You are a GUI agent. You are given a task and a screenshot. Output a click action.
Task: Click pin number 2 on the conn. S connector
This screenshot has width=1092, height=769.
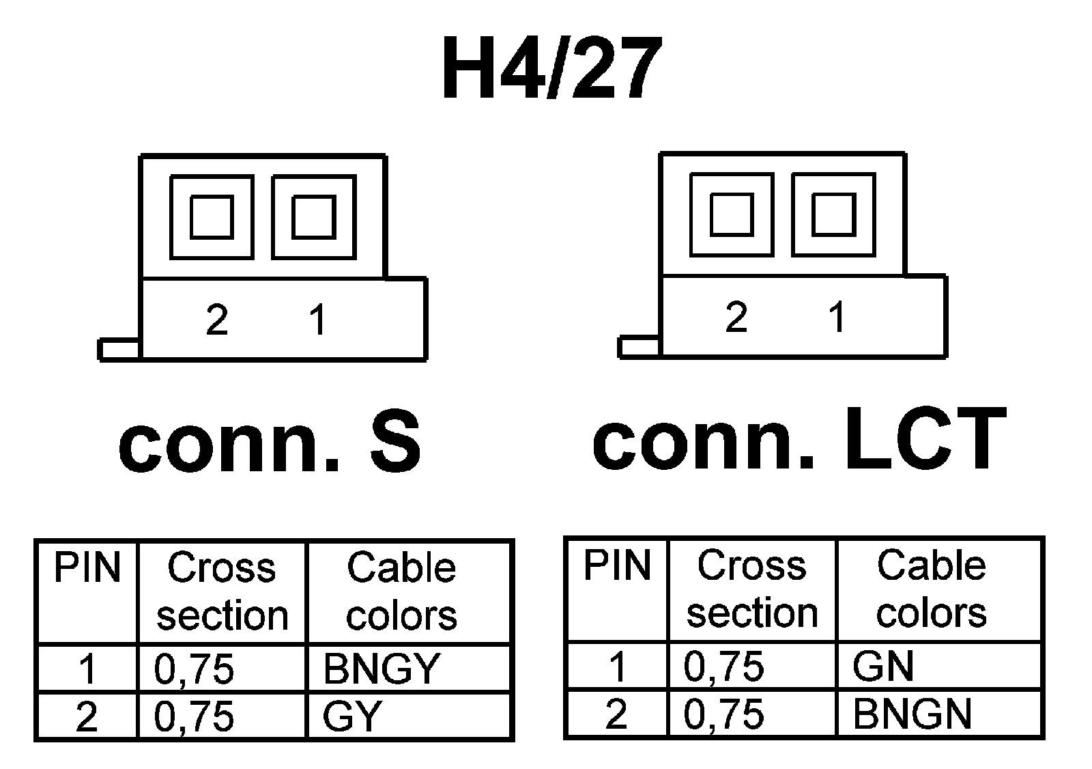click(x=217, y=320)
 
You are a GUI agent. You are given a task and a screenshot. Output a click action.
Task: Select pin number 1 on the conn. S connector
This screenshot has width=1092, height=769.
click(x=318, y=320)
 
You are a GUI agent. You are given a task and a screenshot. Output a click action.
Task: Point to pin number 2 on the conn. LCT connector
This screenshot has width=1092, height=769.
click(x=736, y=317)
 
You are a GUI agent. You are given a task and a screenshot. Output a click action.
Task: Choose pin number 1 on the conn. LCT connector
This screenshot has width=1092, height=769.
click(x=837, y=317)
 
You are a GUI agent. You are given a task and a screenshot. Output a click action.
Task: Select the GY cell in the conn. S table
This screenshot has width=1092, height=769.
click(x=352, y=716)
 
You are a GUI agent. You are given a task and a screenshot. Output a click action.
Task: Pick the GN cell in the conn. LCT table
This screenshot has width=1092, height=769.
click(x=882, y=666)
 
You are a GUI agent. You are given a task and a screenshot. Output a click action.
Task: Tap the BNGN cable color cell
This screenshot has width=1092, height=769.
click(x=912, y=714)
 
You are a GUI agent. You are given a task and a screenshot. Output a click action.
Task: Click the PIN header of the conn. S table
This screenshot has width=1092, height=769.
click(x=87, y=568)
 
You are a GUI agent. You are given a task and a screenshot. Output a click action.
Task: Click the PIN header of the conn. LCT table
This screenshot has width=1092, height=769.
click(x=617, y=565)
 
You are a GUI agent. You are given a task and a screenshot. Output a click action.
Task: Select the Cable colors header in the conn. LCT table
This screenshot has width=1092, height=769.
click(x=932, y=589)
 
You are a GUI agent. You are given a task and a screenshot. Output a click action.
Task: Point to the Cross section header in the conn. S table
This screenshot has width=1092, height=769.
click(x=222, y=591)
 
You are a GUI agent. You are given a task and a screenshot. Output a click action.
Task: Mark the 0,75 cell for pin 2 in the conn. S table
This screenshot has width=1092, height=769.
click(x=195, y=716)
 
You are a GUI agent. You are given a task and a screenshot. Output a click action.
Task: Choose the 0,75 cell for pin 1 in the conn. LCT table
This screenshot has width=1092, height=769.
click(x=724, y=666)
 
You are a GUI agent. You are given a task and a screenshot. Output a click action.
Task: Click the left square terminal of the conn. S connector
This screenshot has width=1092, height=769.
click(x=212, y=217)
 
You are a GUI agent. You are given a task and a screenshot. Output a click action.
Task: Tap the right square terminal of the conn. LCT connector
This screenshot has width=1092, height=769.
click(x=834, y=214)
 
